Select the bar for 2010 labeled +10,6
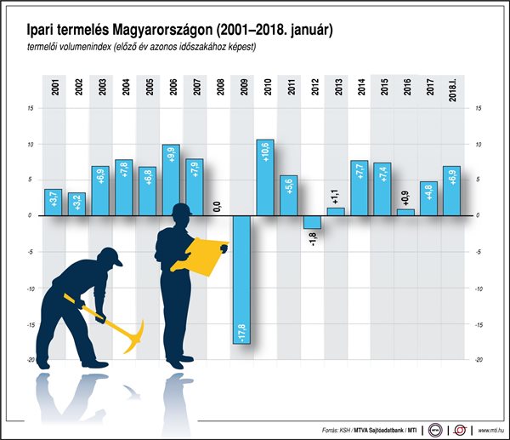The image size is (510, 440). coord(264,177)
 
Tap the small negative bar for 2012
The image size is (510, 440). coord(312,222)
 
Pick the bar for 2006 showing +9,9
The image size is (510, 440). coord(170,180)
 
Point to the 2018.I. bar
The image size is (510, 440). coord(452,191)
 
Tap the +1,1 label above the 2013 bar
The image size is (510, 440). coord(335,196)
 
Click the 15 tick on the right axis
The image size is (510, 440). coord(479,108)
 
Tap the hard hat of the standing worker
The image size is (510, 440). coord(183,210)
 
